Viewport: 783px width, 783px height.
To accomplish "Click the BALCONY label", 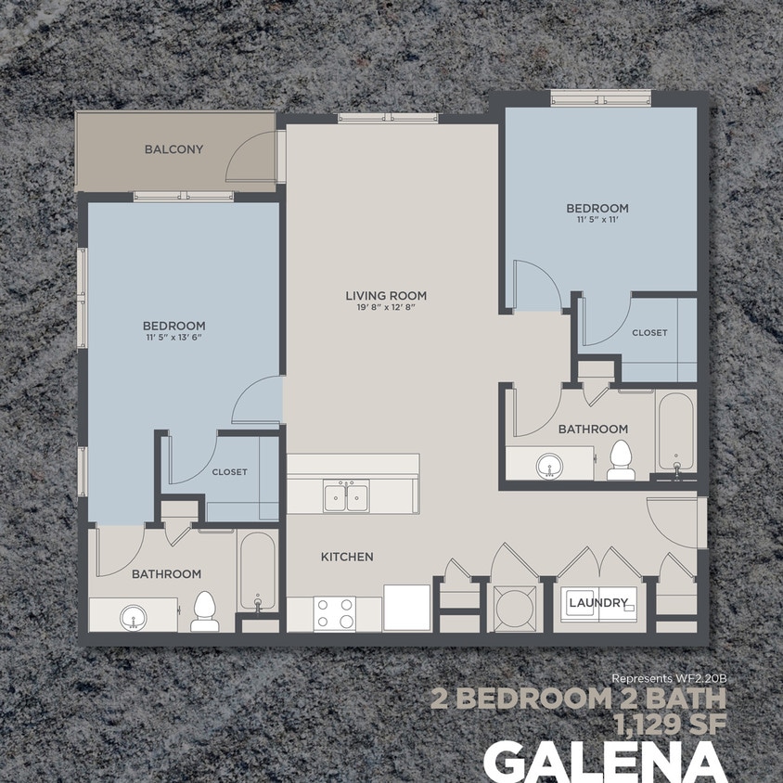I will coord(173,149).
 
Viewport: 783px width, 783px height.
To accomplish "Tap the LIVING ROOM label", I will coord(386,296).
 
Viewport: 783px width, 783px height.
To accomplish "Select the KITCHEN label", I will coord(347,557).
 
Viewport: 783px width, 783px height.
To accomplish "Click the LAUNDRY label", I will coord(598,603).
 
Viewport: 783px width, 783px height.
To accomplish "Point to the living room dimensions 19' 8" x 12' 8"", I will coord(386,308).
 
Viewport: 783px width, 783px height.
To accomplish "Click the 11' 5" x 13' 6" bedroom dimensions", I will coord(173,338).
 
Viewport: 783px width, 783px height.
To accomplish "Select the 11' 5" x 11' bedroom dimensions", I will coord(597,220).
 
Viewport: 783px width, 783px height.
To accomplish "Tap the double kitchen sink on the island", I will coord(346,496).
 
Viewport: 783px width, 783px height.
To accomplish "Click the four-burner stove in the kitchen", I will coord(335,612).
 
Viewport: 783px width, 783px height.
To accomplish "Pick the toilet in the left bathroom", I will coord(204,611).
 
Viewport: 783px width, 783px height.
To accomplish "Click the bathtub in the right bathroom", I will coord(674,432).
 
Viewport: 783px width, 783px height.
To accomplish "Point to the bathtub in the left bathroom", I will coord(257,571).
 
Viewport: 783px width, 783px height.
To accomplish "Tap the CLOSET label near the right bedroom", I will coord(649,332).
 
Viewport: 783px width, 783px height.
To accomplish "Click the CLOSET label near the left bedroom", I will coord(229,472).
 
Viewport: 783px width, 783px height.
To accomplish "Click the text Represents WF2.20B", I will coord(668,677).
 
